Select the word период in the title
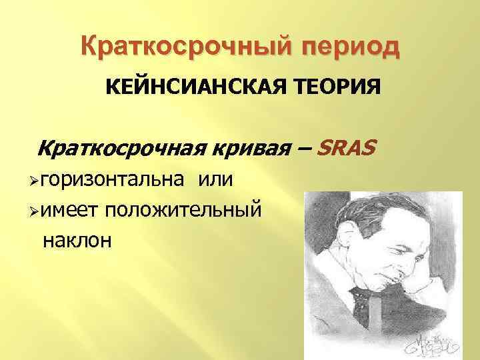(343, 48)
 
